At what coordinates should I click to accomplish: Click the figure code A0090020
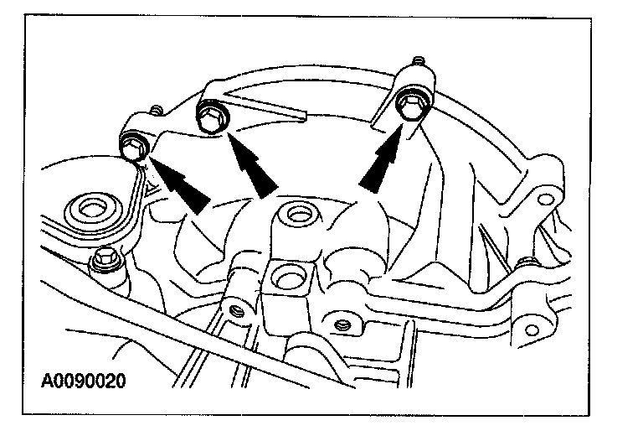click(84, 382)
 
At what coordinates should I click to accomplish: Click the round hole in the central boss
click(296, 215)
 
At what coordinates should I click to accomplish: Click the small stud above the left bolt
click(156, 110)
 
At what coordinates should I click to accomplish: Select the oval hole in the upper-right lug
click(546, 200)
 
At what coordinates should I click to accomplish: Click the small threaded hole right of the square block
click(340, 323)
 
